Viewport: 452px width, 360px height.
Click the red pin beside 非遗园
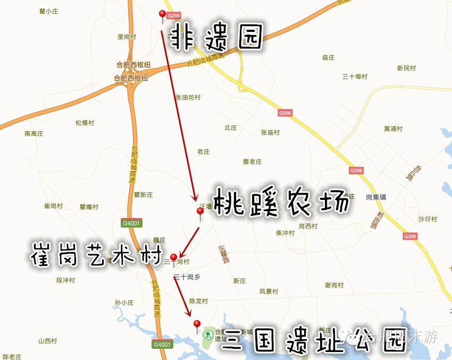coord(163,15)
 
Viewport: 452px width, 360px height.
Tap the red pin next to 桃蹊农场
coord(200,212)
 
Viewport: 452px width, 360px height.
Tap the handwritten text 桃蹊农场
coord(282,202)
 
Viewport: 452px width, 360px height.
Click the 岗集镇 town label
coord(376,197)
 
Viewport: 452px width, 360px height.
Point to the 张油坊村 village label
coord(188,97)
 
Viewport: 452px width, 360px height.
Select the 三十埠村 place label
coord(355,77)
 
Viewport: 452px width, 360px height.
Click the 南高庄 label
coord(34,134)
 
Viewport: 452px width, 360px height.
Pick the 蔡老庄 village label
coord(253,162)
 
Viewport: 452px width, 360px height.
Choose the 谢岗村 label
coord(334,285)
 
